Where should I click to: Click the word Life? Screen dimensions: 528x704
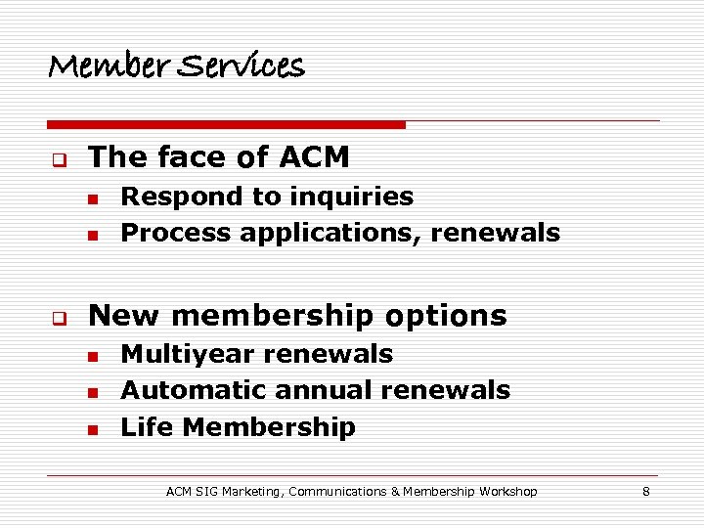tap(148, 427)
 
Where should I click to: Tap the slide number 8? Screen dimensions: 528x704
tap(646, 492)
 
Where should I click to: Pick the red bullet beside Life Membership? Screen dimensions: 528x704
tap(91, 429)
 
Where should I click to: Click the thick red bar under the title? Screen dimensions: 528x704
tap(225, 125)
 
